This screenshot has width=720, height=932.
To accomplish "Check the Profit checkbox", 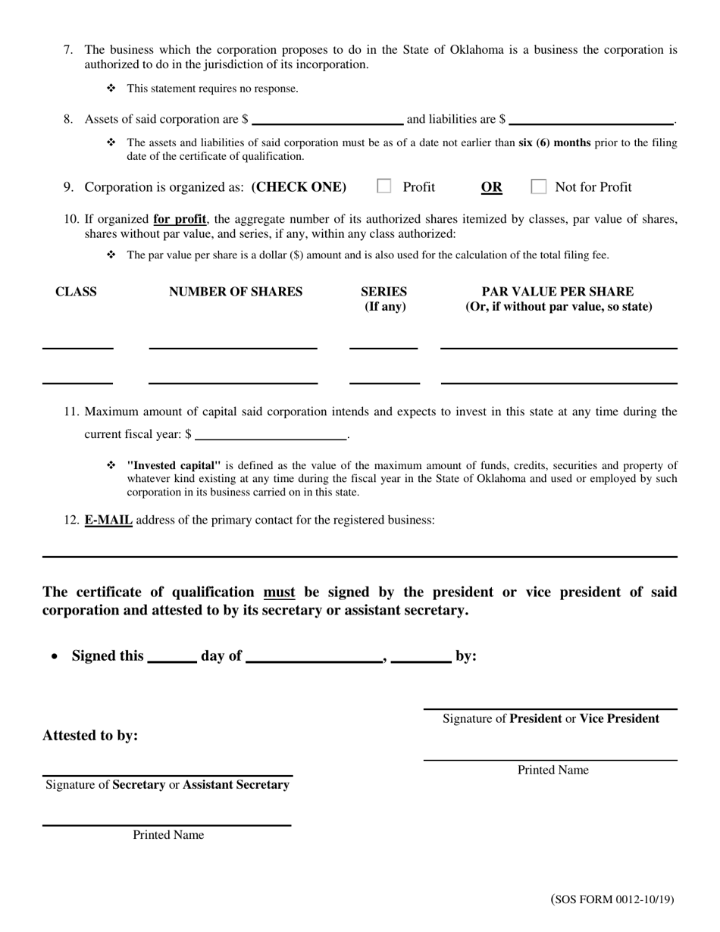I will (384, 186).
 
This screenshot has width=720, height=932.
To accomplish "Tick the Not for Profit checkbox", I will (539, 186).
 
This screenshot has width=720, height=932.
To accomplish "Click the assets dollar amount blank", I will (327, 120).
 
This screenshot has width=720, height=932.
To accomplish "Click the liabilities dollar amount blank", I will (592, 120).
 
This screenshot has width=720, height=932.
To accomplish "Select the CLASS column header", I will (76, 292).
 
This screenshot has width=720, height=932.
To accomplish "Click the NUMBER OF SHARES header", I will (236, 292).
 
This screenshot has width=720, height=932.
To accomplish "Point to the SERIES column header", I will (384, 292).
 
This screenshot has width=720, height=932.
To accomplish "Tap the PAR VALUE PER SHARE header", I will (558, 292).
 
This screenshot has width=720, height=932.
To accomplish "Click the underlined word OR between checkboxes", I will (491, 187).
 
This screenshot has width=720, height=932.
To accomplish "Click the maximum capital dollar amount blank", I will (271, 435).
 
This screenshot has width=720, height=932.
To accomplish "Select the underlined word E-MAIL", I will (108, 521).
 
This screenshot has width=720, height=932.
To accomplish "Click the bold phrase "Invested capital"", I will (174, 465).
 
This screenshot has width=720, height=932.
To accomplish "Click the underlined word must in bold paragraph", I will (279, 593).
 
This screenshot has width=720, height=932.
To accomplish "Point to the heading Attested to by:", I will (90, 736).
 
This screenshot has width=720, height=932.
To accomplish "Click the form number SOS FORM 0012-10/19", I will (612, 900).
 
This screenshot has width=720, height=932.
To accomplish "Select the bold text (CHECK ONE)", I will (299, 187).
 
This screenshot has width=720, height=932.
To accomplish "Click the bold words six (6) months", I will (554, 142).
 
